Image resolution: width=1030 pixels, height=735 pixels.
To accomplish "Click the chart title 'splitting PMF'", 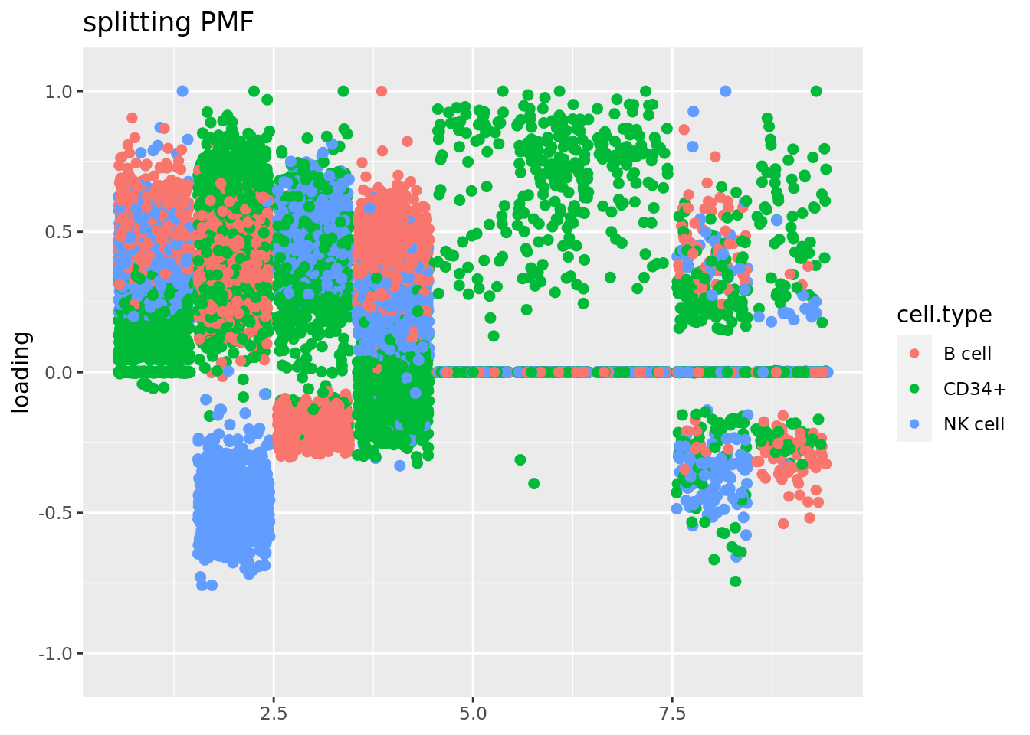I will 168,23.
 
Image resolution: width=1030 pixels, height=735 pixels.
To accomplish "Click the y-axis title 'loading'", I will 21,372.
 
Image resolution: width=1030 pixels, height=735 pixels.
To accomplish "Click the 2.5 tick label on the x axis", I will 274,714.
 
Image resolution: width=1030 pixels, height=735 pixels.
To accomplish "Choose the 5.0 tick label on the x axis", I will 473,714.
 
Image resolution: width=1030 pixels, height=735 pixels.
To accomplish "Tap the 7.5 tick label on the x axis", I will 672,714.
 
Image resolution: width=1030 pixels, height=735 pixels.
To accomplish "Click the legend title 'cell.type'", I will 944,315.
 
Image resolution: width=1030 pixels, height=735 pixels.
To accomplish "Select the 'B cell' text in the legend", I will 967,354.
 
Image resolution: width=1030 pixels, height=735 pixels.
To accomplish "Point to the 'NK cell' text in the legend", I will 973,424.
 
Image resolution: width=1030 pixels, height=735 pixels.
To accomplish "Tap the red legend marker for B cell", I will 914,354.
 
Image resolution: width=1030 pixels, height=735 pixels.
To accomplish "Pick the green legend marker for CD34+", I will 914,389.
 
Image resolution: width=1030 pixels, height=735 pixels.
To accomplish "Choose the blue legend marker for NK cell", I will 914,424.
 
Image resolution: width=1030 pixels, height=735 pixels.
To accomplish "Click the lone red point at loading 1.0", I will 382,91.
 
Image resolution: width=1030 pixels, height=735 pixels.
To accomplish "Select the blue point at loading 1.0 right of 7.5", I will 725,91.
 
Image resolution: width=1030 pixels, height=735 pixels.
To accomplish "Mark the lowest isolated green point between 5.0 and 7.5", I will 533,483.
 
